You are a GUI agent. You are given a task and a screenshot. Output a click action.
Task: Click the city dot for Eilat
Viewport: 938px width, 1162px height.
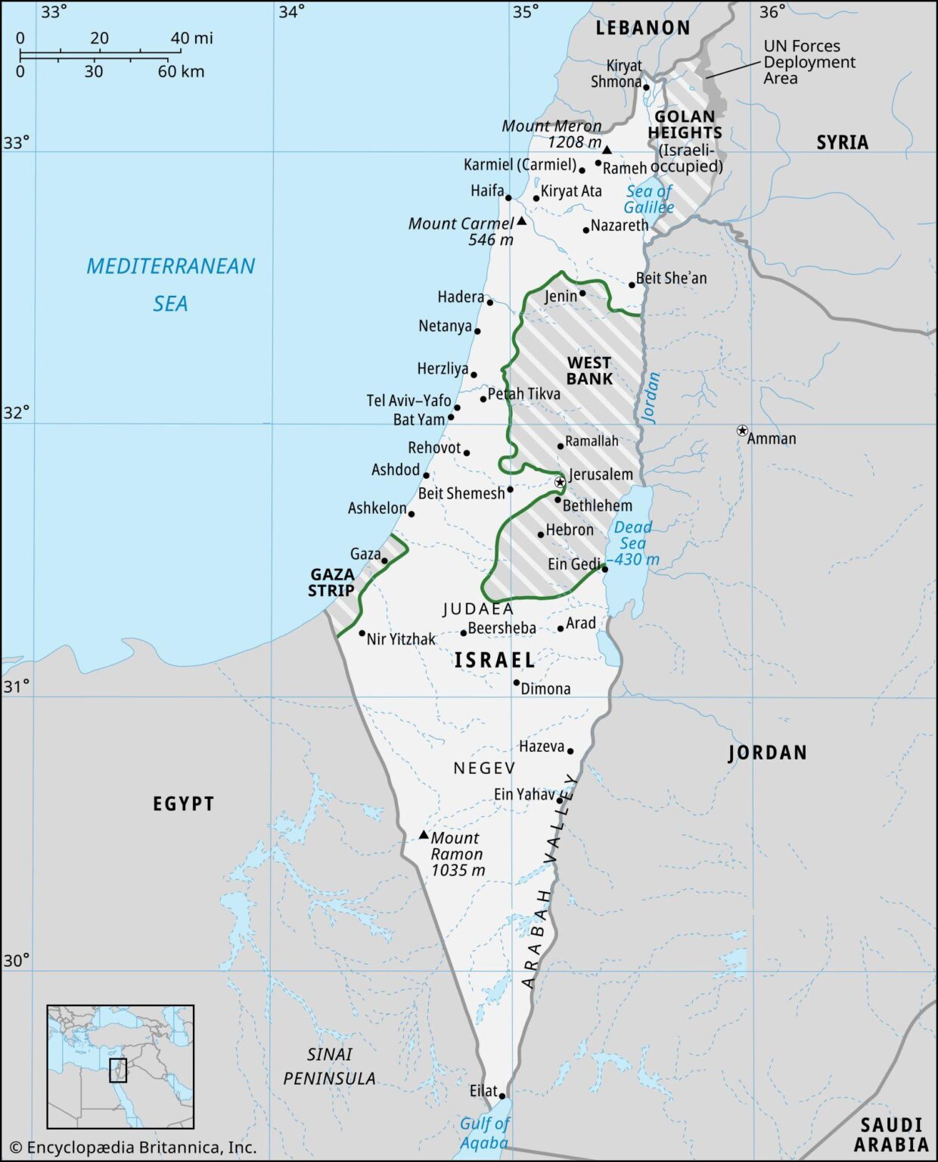[x=502, y=1095]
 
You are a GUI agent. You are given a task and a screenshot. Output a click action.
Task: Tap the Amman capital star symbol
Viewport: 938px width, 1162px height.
[x=742, y=430]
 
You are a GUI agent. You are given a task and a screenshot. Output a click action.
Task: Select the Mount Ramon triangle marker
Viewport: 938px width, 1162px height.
[x=424, y=835]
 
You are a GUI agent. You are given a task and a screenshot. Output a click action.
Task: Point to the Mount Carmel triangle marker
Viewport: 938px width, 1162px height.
[x=521, y=222]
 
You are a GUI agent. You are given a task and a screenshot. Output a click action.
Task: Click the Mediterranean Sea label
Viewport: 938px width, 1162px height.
[x=170, y=284]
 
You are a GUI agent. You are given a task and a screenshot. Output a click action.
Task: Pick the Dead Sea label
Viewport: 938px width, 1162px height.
[x=632, y=536]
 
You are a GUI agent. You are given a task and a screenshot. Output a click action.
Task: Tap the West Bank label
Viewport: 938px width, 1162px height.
[x=589, y=371]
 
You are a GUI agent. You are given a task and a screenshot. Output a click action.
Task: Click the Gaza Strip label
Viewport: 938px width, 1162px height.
[x=331, y=583]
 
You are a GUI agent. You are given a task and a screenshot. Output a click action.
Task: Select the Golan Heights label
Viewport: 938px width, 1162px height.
[x=685, y=124]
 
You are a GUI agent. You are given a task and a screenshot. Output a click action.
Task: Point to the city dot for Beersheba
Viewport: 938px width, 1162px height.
[x=464, y=632]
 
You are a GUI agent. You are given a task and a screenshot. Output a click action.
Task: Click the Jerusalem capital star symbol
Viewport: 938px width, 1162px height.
[x=560, y=482]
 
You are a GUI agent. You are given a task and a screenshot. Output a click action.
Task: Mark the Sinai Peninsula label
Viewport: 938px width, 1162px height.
[x=329, y=1066]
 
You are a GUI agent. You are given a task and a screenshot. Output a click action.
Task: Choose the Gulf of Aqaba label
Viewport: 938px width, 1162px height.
[x=484, y=1133]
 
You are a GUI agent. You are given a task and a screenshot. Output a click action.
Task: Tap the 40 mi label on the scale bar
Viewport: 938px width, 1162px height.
[x=191, y=38]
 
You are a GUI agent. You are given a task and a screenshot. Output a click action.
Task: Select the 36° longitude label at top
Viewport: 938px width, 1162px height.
[x=772, y=11]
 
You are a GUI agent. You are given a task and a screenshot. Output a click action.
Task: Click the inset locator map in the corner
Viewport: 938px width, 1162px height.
[x=120, y=1067]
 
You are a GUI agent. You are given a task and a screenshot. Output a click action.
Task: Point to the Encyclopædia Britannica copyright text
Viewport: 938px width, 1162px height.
[x=133, y=1147]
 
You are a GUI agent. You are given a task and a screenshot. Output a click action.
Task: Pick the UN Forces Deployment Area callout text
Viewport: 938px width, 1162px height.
[x=809, y=62]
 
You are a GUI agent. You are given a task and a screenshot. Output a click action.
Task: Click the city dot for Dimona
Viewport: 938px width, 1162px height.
[x=517, y=682]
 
